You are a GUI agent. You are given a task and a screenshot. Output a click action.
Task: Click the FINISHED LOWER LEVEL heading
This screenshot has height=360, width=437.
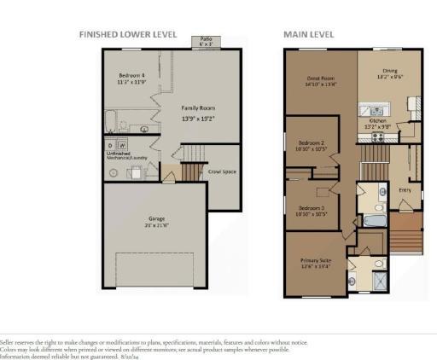(x=127, y=35)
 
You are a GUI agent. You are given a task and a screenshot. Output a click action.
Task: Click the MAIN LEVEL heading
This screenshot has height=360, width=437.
(x=308, y=35)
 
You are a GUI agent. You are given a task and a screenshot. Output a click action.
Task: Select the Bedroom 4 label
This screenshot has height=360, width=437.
(x=131, y=79)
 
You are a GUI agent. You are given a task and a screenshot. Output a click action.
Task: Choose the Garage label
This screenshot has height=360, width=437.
(x=154, y=223)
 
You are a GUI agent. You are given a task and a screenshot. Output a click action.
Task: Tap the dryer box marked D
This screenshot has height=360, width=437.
(x=111, y=146)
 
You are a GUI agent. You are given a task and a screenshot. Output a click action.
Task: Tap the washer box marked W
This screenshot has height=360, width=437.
(x=121, y=146)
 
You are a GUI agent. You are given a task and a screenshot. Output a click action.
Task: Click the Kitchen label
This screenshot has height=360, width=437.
(x=378, y=125)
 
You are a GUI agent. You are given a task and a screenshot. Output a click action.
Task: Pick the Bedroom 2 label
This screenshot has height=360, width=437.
(x=310, y=145)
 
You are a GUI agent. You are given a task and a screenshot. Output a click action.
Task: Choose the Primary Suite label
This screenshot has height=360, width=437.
(x=314, y=264)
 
